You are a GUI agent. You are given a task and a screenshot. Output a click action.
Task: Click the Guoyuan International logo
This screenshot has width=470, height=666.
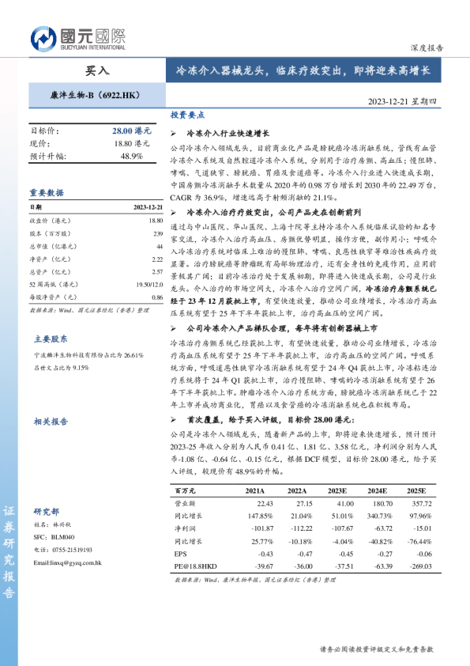[x=78, y=37]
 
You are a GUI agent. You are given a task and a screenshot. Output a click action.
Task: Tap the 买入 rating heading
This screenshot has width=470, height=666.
[x=97, y=70]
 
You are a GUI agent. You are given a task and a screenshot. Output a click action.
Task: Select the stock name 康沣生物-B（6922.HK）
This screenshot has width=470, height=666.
[x=95, y=96]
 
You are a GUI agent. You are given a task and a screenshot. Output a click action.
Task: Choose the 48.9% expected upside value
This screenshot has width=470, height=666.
[x=131, y=156]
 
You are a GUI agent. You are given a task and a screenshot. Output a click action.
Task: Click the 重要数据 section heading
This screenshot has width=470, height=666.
[x=47, y=192]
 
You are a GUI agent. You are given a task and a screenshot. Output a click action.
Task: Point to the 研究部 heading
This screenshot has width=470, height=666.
[x=46, y=512]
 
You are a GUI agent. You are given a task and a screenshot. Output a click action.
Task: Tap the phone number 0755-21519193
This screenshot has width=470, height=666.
[x=78, y=550]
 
